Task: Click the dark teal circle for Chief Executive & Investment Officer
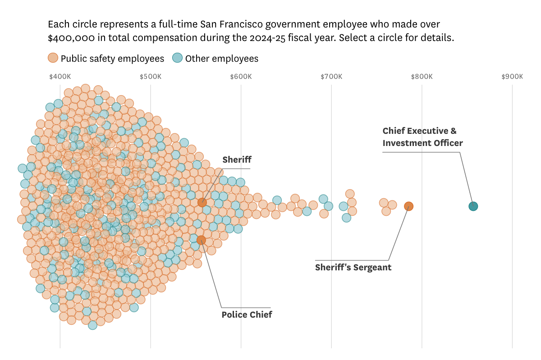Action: (x=473, y=206)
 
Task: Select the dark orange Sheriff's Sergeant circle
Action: (x=408, y=206)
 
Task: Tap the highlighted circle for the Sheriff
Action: (x=202, y=202)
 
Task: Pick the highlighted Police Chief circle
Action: (x=201, y=240)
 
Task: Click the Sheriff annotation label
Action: (x=237, y=159)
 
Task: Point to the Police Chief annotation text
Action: (x=247, y=314)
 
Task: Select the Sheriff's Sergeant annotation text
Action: (x=353, y=267)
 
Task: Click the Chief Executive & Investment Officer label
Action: (x=422, y=137)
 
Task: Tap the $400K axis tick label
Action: (x=60, y=77)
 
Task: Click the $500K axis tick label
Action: (x=151, y=77)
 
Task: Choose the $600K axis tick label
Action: (x=241, y=77)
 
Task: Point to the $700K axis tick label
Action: (x=331, y=77)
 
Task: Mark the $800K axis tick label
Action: (x=422, y=77)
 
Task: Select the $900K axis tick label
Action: (x=512, y=77)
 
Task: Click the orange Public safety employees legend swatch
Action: (x=53, y=58)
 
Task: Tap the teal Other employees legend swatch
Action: (x=178, y=58)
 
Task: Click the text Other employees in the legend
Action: (x=222, y=59)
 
